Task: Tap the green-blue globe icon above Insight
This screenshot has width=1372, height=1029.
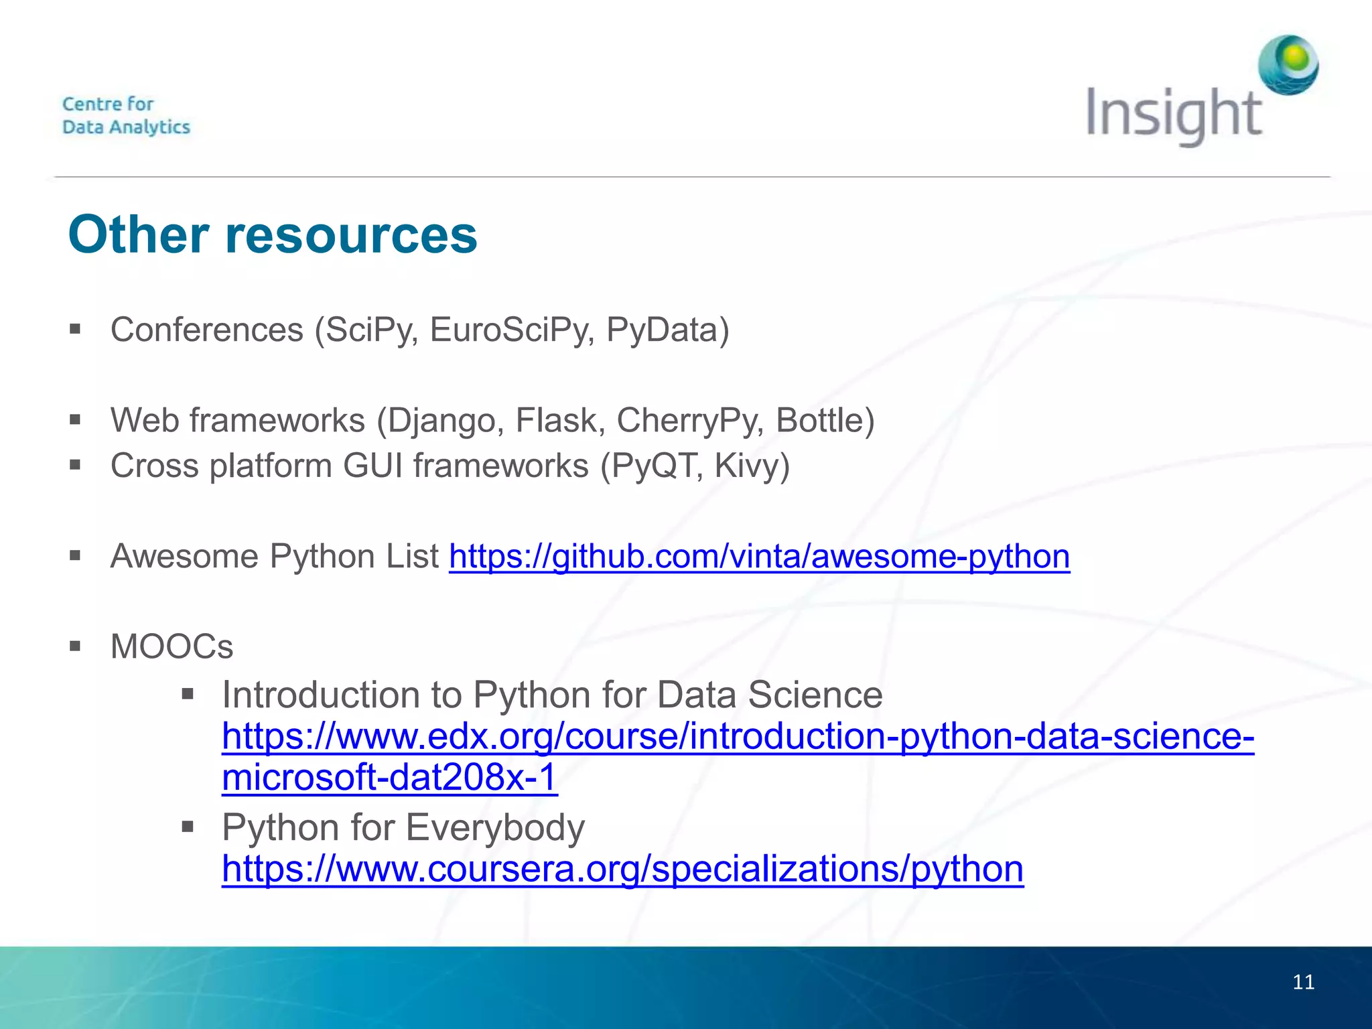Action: pos(1288,65)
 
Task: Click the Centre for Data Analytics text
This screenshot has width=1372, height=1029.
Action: pos(126,115)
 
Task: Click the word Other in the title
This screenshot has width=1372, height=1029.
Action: pos(139,235)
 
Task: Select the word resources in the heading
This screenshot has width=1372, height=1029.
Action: pos(351,235)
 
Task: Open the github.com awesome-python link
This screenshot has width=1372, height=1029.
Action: pos(759,557)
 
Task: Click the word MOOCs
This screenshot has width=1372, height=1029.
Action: pos(171,647)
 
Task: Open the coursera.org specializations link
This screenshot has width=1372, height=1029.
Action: pos(622,869)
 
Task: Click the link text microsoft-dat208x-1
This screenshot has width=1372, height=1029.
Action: pos(389,777)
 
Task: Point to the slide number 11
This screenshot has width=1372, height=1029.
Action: pos(1303,982)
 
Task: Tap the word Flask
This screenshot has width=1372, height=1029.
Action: pos(560,421)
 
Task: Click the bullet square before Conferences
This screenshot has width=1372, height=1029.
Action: pos(75,330)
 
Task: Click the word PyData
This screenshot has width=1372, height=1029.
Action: pos(667,330)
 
